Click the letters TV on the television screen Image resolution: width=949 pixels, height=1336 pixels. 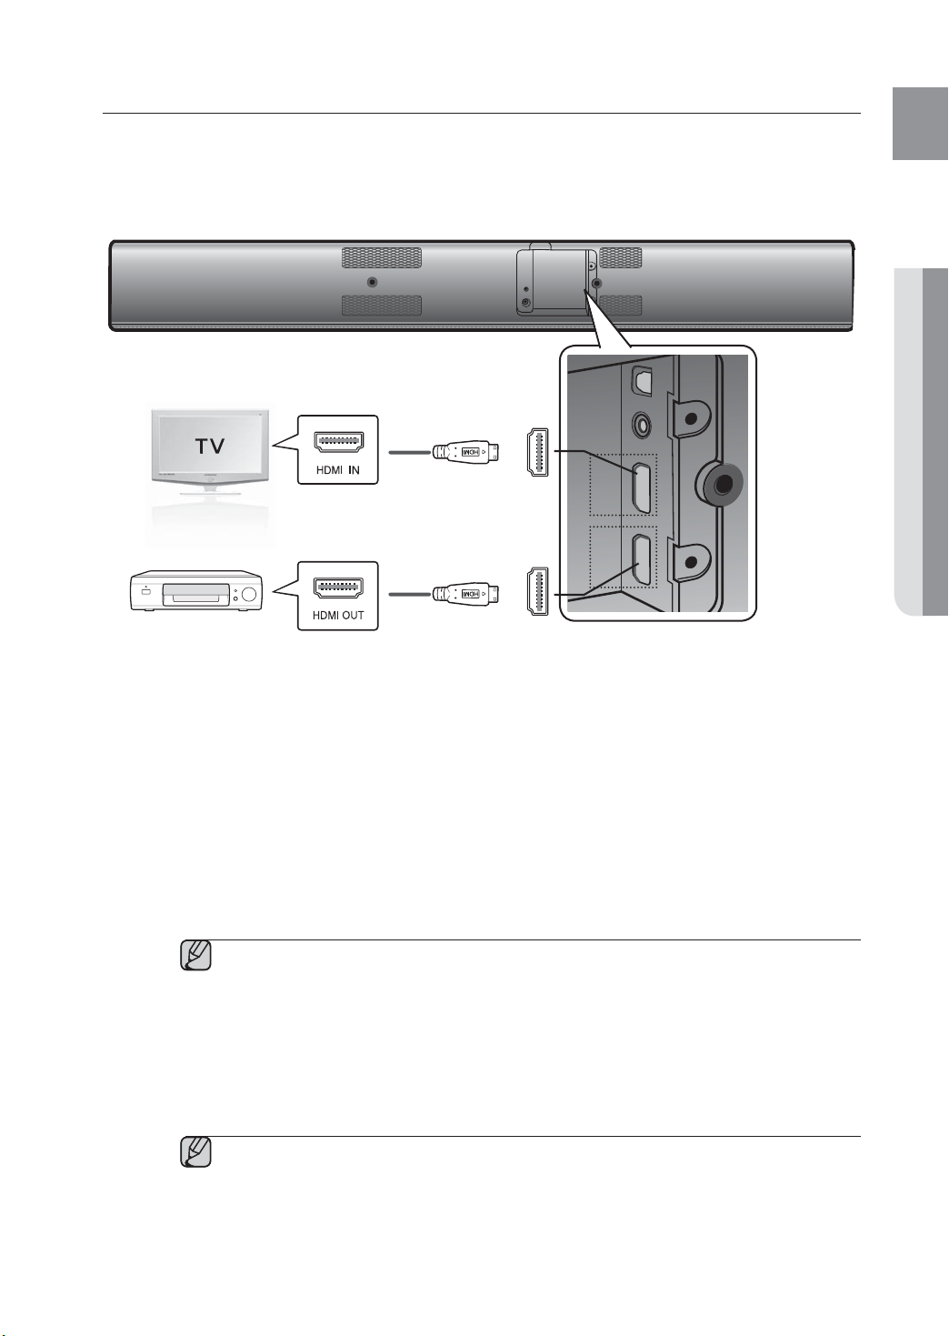tap(211, 446)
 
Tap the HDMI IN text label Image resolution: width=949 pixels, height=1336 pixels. tap(338, 470)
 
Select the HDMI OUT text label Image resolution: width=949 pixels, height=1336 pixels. tap(338, 616)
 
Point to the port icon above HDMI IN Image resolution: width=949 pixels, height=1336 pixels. tap(338, 442)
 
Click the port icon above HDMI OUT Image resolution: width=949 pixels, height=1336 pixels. tap(338, 588)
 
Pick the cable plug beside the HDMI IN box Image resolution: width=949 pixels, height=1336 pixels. tap(466, 452)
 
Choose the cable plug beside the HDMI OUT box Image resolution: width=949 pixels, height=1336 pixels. tap(466, 594)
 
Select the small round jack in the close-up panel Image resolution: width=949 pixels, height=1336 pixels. tap(642, 426)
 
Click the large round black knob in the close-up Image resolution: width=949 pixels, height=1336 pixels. tap(721, 485)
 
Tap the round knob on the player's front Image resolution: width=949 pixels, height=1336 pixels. tap(248, 594)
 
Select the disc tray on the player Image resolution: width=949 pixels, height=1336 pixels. tap(195, 594)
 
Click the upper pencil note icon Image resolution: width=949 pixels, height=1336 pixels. tap(196, 956)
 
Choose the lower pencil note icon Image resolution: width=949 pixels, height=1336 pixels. tap(196, 1152)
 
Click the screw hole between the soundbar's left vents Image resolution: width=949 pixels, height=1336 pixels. tap(372, 282)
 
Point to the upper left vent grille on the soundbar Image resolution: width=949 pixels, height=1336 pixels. tap(382, 258)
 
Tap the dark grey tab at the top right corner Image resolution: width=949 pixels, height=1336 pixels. tap(920, 124)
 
